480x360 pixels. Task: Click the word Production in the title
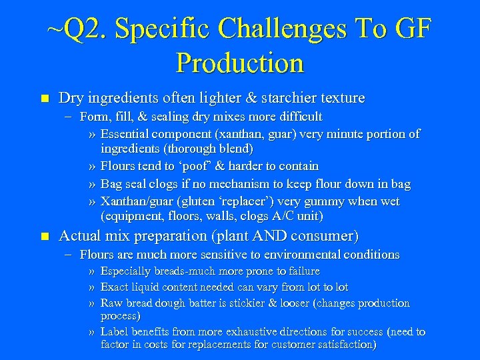tap(240, 63)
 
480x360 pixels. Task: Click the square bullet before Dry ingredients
tap(45, 99)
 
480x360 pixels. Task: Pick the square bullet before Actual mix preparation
tap(45, 236)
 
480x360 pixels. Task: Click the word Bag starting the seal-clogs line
tap(111, 184)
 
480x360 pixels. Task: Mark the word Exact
tap(115, 287)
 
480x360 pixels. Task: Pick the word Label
tap(115, 332)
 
